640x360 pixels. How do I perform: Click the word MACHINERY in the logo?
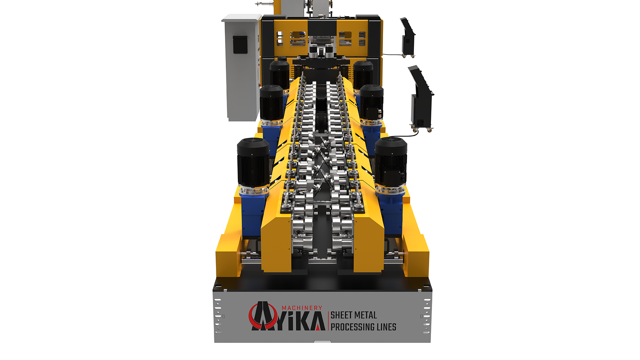pyautogui.click(x=302, y=308)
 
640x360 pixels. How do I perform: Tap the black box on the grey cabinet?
pyautogui.click(x=240, y=45)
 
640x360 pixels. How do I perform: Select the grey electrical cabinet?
pyautogui.click(x=242, y=67)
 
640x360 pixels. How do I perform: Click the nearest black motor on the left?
pyautogui.click(x=253, y=163)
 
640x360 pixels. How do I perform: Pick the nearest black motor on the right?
pyautogui.click(x=391, y=162)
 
